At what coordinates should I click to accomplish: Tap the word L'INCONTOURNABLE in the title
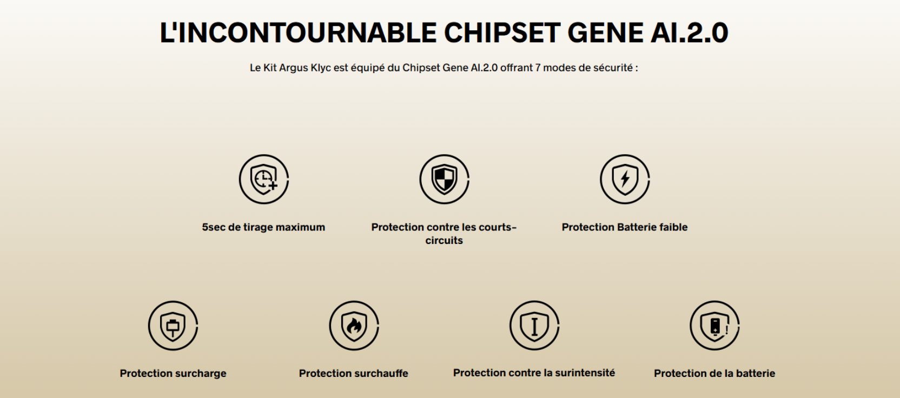coord(298,33)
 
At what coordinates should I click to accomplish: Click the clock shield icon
coord(264,179)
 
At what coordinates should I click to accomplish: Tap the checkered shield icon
coord(445,179)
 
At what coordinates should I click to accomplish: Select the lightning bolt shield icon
coord(625,179)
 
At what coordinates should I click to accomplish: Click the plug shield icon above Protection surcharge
coord(173,326)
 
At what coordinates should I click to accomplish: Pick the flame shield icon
coord(354,326)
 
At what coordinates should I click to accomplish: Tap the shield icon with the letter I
coord(534,326)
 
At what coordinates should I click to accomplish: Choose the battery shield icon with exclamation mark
coord(715,326)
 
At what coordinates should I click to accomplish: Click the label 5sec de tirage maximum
coord(263,227)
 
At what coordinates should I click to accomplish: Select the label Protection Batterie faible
coord(625,227)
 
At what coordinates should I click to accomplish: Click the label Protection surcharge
coord(173,374)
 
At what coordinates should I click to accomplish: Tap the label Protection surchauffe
coord(354,374)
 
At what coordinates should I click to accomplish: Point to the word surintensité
coord(585,373)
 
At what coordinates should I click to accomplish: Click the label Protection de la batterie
coord(715,374)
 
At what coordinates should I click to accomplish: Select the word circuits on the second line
coord(444,241)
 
